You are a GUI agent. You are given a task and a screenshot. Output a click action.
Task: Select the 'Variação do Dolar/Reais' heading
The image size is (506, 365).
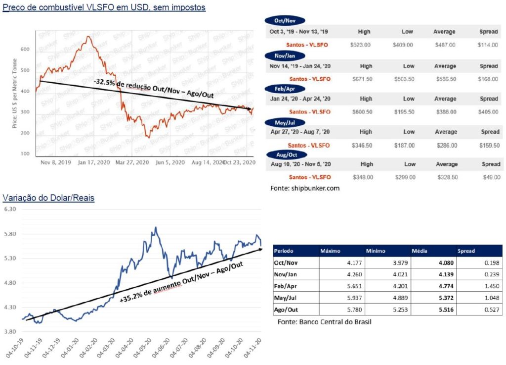coord(48,198)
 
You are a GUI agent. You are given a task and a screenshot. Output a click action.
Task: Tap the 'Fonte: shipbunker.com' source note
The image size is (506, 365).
coord(305,188)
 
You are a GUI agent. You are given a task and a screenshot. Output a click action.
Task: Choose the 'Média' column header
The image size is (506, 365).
coord(420,251)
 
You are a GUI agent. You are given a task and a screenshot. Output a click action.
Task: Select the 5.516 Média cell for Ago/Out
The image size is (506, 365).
coord(443,311)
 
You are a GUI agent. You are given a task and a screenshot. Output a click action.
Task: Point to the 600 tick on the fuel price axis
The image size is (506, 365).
coord(25,50)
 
